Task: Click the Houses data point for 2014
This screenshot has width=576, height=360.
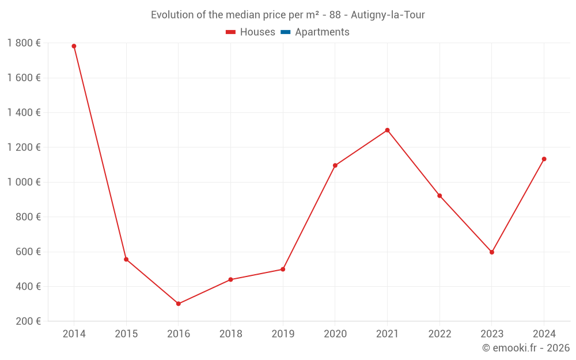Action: tap(74, 46)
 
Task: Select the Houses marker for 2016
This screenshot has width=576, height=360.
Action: tap(179, 304)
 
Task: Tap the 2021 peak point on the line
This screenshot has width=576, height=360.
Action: tap(387, 130)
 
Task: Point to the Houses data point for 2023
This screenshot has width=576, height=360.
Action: tap(492, 252)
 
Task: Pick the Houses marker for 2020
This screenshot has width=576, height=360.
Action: tap(335, 165)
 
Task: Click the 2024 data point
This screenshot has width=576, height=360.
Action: tap(544, 159)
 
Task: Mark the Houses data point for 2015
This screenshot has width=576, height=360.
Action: tap(126, 259)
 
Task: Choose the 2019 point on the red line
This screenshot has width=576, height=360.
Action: tap(283, 269)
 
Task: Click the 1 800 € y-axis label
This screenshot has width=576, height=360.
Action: tap(24, 43)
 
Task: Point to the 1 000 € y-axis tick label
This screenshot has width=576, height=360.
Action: tap(24, 182)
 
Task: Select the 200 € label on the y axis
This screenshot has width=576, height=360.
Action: tap(28, 321)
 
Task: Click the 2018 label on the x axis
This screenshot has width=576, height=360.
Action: tap(230, 334)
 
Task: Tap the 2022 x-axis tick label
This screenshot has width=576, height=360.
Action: tap(439, 334)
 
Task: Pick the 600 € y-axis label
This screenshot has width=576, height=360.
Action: tap(28, 252)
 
